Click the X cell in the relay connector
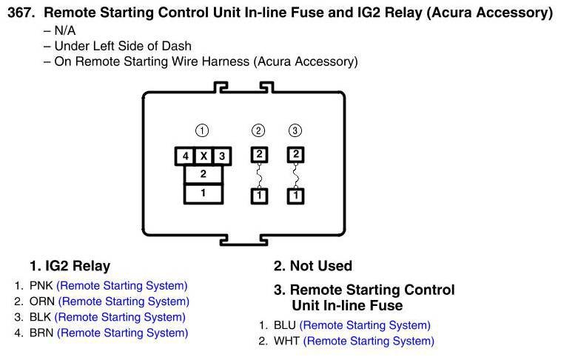tap(203, 156)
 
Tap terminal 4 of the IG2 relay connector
tap(184, 156)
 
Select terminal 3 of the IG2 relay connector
tap(221, 156)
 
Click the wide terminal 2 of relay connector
tap(203, 175)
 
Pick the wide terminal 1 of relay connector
tap(203, 193)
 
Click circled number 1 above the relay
tap(202, 131)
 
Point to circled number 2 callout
tap(258, 131)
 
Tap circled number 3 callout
tap(295, 131)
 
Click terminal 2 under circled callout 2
tap(259, 155)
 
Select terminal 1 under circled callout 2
tap(259, 196)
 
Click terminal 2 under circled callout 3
tap(296, 155)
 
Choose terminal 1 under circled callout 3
tap(296, 196)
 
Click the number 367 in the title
tap(21, 13)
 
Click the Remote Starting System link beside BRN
tap(122, 333)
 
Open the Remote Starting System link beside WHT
tap(369, 341)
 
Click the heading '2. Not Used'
tap(313, 266)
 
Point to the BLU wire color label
tap(284, 325)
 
